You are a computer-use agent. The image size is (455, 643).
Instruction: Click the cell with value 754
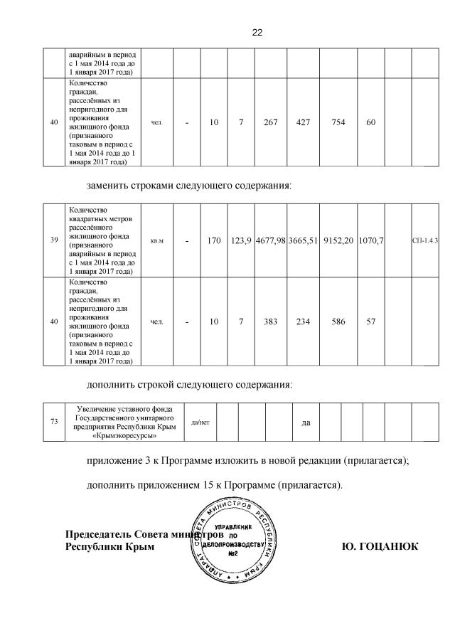coord(337,122)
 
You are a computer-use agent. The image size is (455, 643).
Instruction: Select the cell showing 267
coord(270,122)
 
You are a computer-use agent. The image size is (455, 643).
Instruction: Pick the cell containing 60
coord(370,122)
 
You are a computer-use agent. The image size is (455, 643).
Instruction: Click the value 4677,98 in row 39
coord(270,241)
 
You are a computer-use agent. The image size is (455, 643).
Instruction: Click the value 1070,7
coord(370,241)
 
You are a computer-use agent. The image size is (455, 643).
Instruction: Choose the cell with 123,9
coord(242,241)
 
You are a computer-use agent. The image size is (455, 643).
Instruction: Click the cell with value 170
coord(214,241)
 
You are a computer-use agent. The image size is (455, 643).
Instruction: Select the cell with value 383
coord(270,321)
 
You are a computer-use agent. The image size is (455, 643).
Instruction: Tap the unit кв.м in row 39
coord(157,241)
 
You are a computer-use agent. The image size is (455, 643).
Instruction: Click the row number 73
coord(54,422)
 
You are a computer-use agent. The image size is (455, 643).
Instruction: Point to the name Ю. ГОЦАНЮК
coord(380,546)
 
